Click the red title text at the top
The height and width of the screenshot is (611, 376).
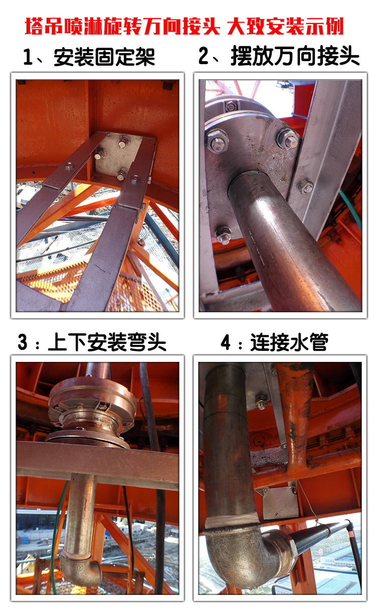click(x=184, y=27)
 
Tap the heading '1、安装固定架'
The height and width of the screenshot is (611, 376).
click(x=89, y=57)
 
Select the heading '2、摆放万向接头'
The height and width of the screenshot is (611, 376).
click(x=279, y=56)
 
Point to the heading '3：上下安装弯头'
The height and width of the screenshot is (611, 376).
click(x=92, y=342)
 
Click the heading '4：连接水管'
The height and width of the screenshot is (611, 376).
click(x=275, y=342)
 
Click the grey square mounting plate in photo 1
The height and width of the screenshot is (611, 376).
click(x=118, y=156)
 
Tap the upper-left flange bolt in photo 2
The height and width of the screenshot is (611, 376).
click(x=217, y=141)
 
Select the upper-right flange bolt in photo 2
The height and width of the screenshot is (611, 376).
click(x=288, y=139)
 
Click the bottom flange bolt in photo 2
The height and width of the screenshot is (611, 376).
click(x=224, y=235)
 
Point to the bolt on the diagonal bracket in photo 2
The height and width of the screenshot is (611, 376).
click(x=305, y=186)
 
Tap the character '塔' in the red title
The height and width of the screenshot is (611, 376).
click(x=34, y=27)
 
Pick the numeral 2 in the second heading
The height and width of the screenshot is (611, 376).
click(x=204, y=56)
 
